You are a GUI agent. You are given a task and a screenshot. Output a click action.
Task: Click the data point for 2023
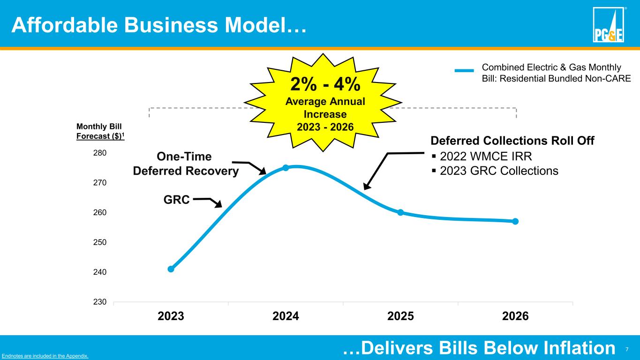pyautogui.click(x=171, y=269)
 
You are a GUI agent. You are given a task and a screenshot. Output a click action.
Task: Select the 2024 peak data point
pyautogui.click(x=286, y=167)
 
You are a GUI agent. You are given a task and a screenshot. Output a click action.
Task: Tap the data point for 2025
pyautogui.click(x=400, y=212)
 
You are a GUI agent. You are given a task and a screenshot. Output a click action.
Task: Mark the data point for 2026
pyautogui.click(x=515, y=221)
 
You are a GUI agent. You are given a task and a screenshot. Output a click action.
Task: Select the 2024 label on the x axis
pyautogui.click(x=286, y=316)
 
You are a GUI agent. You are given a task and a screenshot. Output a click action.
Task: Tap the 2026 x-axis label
pyautogui.click(x=515, y=316)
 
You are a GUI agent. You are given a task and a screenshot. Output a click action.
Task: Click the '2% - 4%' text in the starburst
pyautogui.click(x=325, y=85)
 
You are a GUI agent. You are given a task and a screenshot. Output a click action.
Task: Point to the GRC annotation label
pyautogui.click(x=176, y=200)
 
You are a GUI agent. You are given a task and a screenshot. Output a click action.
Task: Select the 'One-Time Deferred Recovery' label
pyautogui.click(x=186, y=164)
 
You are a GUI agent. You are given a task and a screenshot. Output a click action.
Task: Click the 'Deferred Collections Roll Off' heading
pyautogui.click(x=512, y=141)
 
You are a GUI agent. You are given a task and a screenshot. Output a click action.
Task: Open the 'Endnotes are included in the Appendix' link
pyautogui.click(x=45, y=356)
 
